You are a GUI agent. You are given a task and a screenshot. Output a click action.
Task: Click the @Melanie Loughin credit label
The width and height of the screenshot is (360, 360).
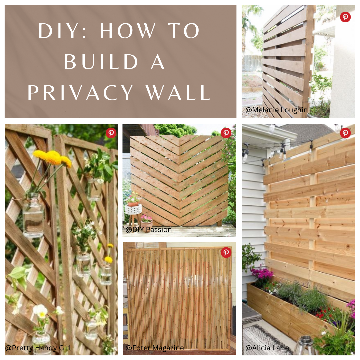pos(276,110)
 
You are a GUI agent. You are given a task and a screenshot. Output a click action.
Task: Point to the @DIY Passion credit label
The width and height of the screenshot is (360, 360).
pos(149,229)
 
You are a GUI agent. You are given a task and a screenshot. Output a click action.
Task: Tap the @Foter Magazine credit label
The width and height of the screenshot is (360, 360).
pos(155,348)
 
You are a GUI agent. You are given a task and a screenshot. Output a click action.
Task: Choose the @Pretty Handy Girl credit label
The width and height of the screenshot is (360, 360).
pos(38,348)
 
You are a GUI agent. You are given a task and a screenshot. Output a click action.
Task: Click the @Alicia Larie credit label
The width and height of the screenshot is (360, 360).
pos(267,348)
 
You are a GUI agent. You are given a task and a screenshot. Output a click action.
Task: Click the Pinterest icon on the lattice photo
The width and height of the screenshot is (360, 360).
pos(111,133)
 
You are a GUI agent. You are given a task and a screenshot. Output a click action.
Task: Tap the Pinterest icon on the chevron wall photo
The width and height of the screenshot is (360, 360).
pos(226,133)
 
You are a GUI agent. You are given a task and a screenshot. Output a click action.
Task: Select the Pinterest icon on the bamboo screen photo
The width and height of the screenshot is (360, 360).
pos(226,252)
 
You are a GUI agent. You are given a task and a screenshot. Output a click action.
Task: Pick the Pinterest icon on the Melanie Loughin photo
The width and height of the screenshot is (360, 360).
pos(345,17)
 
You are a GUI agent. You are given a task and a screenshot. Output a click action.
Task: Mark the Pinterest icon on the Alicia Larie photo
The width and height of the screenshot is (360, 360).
pos(345,133)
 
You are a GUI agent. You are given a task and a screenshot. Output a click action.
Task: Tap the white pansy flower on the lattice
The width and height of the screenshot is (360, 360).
pos(40,311)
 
